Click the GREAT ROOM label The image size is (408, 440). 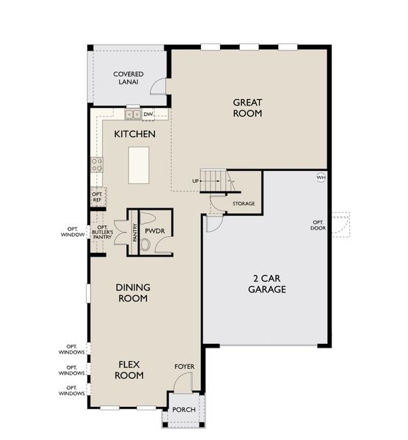click(247, 108)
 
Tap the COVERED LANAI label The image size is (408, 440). click(128, 78)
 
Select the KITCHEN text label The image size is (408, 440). click(134, 134)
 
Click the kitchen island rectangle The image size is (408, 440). click(139, 165)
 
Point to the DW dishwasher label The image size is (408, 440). click(147, 114)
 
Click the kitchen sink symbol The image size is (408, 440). click(133, 114)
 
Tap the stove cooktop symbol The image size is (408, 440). click(96, 164)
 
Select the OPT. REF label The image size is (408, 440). click(97, 197)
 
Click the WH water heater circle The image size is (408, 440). click(321, 177)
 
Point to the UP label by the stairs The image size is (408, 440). click(196, 181)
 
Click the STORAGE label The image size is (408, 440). click(244, 203)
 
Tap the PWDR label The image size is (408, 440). click(154, 230)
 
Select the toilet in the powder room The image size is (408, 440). click(145, 245)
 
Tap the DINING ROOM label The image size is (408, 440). click(133, 293)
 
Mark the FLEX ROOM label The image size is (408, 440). click(128, 370)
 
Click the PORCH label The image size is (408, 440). click(184, 409)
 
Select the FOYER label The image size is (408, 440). click(184, 366)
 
